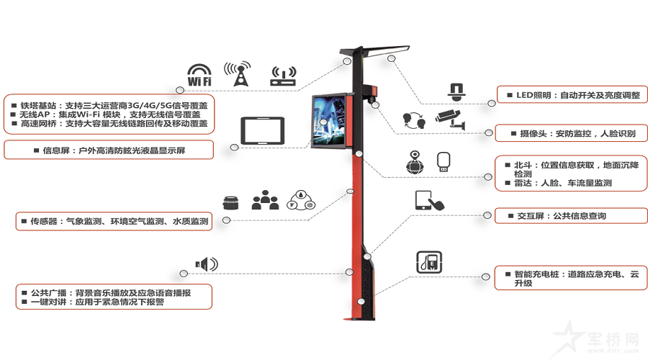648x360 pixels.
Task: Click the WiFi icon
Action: (x=199, y=75)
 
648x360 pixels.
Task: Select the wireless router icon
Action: (x=283, y=76)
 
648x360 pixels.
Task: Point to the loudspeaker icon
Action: (x=207, y=264)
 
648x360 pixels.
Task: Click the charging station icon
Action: (x=429, y=262)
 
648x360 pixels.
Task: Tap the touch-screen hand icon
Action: (x=429, y=201)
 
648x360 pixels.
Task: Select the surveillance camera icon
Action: (x=450, y=120)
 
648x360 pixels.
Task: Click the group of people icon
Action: (x=265, y=200)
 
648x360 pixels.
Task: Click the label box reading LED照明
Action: (x=572, y=94)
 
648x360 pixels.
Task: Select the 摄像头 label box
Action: (x=572, y=133)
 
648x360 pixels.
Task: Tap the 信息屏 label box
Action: (x=109, y=150)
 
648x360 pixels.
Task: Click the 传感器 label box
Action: (x=114, y=221)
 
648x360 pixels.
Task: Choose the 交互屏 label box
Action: (x=571, y=216)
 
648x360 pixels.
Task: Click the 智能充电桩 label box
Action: (x=571, y=278)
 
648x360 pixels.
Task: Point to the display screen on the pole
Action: (x=329, y=120)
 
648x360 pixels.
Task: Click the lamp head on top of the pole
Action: (x=387, y=51)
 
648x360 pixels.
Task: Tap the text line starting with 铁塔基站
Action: (x=109, y=105)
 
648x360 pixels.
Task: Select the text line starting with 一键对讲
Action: (x=93, y=302)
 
